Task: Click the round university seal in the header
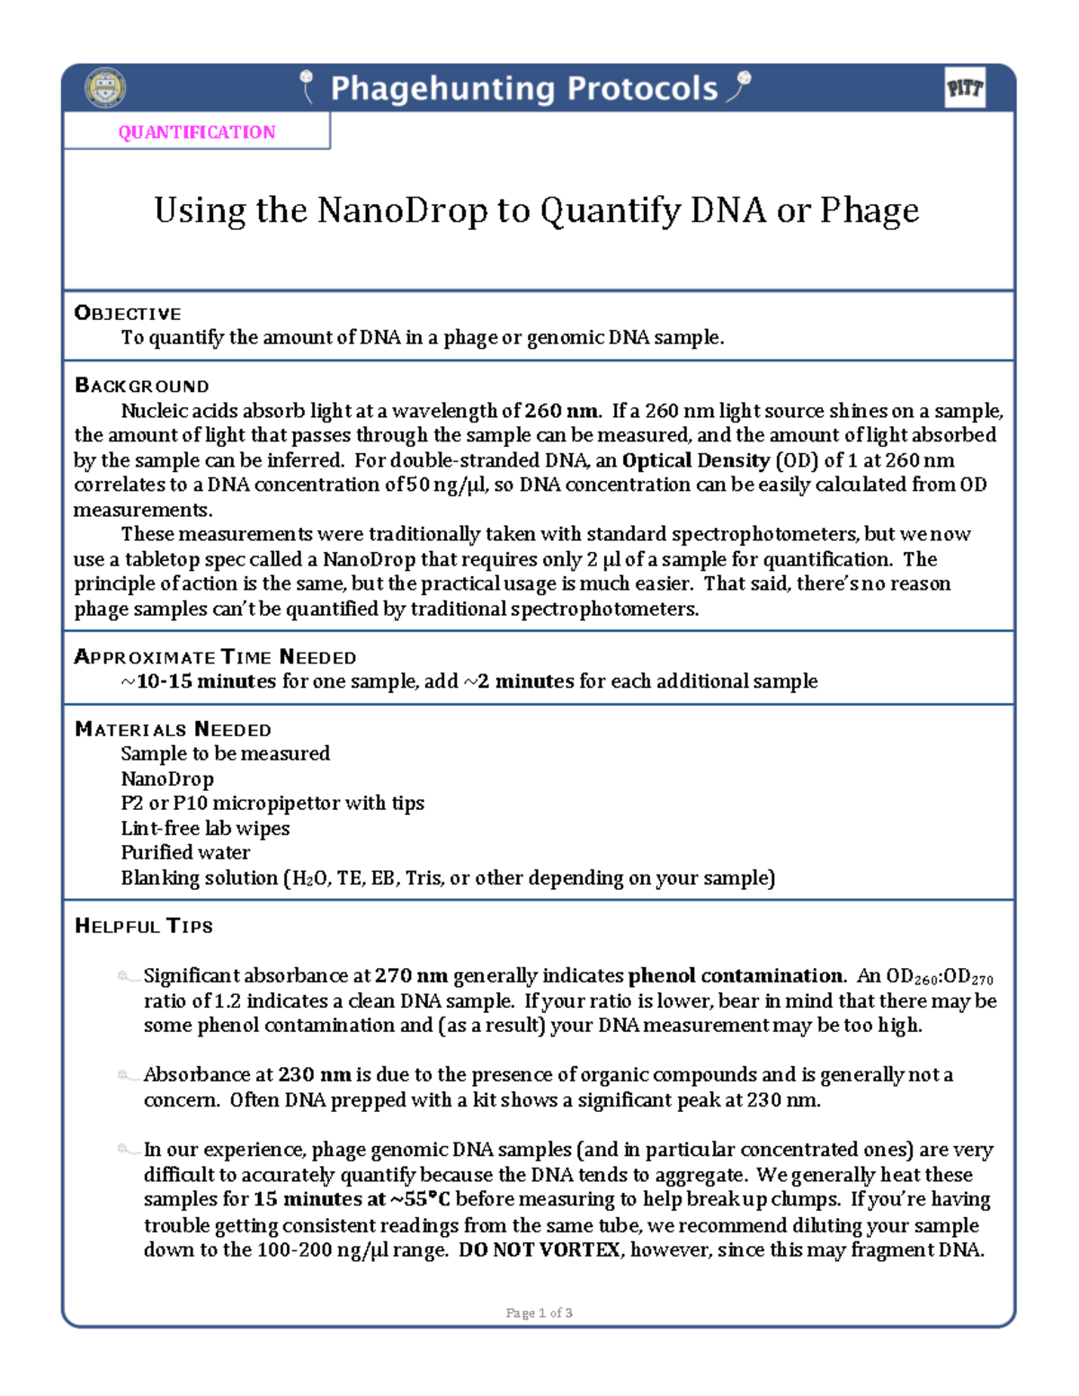[x=105, y=88]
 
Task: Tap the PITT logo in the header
[x=965, y=88]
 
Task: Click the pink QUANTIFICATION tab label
[x=197, y=132]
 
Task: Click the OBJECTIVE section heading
[x=128, y=313]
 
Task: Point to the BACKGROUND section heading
[x=141, y=386]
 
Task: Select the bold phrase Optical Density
[x=696, y=460]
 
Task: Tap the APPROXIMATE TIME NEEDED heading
[x=215, y=657]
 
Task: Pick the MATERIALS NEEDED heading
[x=173, y=729]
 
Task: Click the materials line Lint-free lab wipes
[x=205, y=828]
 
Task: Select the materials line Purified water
[x=185, y=852]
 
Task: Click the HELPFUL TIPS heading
[x=144, y=926]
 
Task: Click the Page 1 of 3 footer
[x=539, y=1312]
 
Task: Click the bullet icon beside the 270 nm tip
[x=125, y=976]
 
